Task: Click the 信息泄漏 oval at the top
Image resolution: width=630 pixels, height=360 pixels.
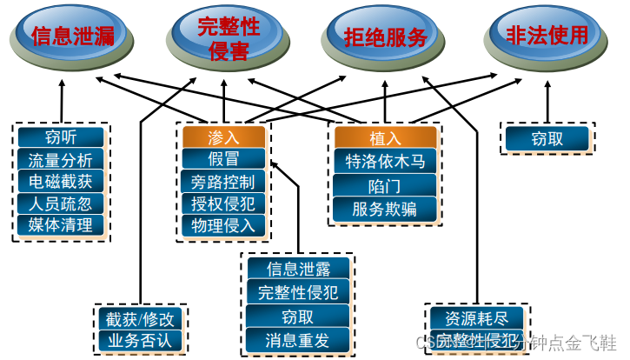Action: pyautogui.click(x=72, y=36)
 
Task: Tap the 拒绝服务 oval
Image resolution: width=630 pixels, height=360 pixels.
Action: pyautogui.click(x=379, y=37)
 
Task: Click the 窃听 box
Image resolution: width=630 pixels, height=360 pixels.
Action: pyautogui.click(x=61, y=137)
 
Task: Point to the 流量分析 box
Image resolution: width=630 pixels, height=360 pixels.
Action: pyautogui.click(x=61, y=160)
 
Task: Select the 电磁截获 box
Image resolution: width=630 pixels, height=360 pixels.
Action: pyautogui.click(x=61, y=182)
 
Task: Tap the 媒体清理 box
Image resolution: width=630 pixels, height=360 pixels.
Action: pyautogui.click(x=61, y=225)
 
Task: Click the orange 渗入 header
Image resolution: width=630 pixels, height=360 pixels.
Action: pyautogui.click(x=223, y=137)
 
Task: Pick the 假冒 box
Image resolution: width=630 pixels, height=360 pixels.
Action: pyautogui.click(x=223, y=159)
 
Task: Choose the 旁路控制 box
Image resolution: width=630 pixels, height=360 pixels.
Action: pyautogui.click(x=223, y=182)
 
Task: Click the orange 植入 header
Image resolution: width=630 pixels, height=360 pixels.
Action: pyautogui.click(x=385, y=137)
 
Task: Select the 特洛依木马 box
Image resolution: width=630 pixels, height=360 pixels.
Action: pyautogui.click(x=385, y=161)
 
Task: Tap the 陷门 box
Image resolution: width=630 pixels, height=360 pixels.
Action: pyautogui.click(x=385, y=184)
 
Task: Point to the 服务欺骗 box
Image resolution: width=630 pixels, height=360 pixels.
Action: pyautogui.click(x=385, y=208)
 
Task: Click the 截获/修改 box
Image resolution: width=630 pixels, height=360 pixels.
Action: pyautogui.click(x=140, y=318)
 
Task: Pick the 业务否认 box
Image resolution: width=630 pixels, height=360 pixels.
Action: pyautogui.click(x=140, y=339)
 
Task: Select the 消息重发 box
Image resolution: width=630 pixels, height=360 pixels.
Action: pyautogui.click(x=298, y=339)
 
